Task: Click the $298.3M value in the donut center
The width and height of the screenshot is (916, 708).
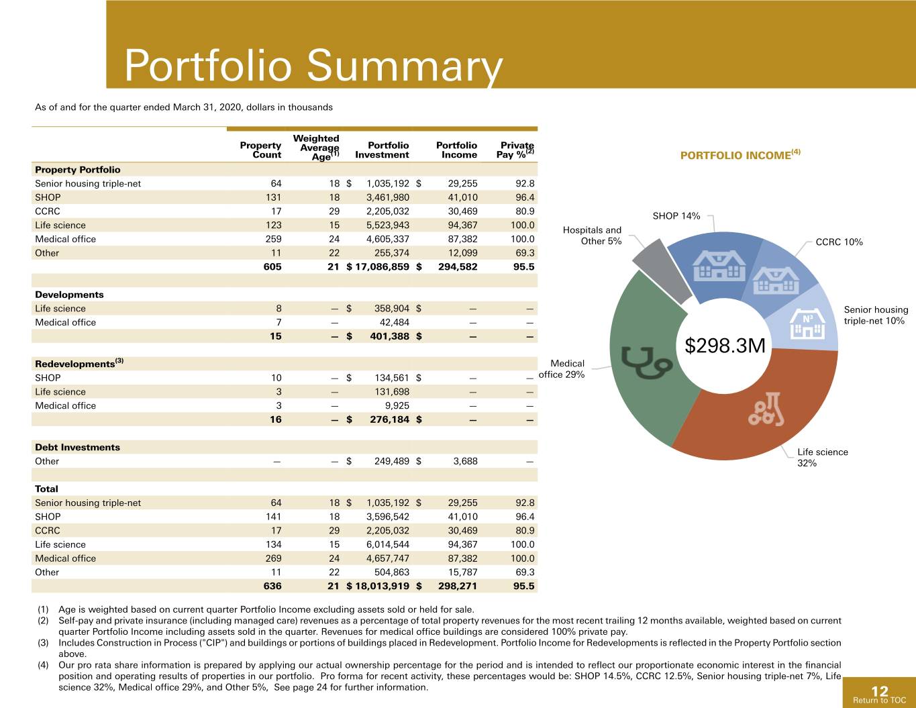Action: (x=725, y=346)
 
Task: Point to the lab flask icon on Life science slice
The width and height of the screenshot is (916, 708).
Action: (x=767, y=409)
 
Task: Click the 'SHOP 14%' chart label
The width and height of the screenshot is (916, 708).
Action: (x=676, y=216)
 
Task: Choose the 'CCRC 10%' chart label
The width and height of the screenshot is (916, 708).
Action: (x=839, y=242)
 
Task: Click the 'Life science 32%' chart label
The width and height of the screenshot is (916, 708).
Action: (x=823, y=458)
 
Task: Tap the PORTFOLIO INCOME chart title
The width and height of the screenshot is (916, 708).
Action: (x=740, y=154)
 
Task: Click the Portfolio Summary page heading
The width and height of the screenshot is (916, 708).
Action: (x=313, y=66)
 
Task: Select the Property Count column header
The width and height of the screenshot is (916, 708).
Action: (x=260, y=150)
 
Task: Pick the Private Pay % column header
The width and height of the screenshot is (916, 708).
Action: (x=515, y=150)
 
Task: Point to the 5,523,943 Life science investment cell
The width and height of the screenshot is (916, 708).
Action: (x=387, y=225)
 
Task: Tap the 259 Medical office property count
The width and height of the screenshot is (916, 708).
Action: (x=274, y=240)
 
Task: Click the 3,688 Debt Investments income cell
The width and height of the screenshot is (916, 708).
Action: (x=465, y=462)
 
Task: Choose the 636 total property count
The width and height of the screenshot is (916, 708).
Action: (x=272, y=587)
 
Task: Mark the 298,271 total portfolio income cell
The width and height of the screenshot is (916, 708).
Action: (x=458, y=587)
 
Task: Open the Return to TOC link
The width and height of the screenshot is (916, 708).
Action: (x=879, y=701)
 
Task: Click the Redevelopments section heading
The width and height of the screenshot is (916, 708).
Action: (x=79, y=363)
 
